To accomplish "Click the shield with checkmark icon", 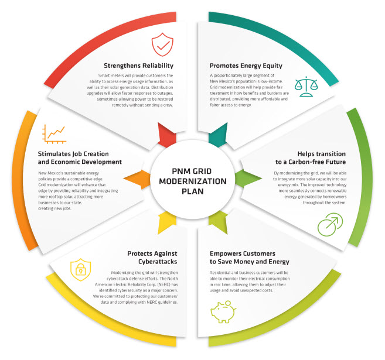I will [162, 44].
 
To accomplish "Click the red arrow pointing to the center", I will [167, 134].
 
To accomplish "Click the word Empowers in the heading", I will [230, 253].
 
